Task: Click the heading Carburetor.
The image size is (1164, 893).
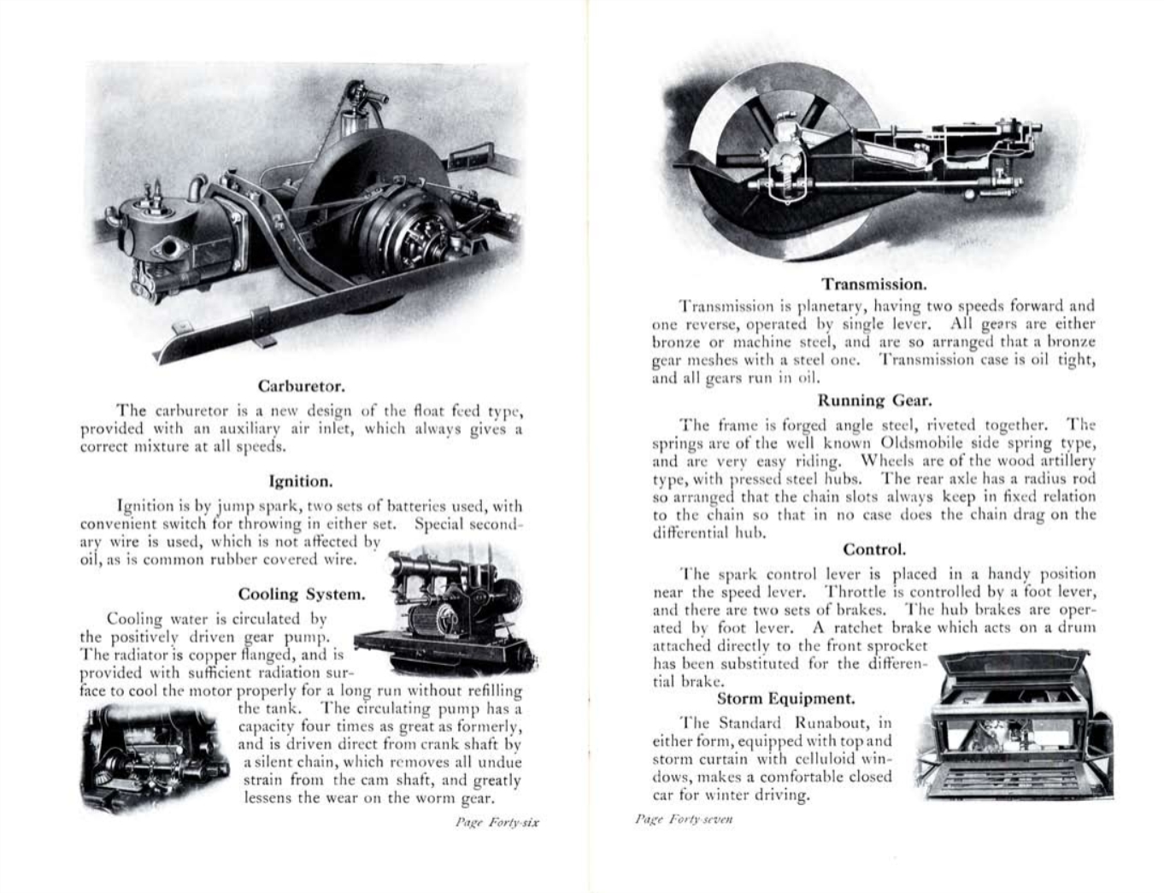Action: (x=301, y=386)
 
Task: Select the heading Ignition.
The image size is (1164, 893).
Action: (x=301, y=481)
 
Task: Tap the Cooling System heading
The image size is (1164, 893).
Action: (x=302, y=594)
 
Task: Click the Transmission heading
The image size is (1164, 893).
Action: (x=873, y=284)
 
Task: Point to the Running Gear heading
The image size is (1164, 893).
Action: (x=874, y=400)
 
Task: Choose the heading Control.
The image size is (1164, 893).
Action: (x=873, y=549)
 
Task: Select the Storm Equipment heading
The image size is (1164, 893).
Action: (x=785, y=699)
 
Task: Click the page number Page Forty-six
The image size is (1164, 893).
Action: (x=497, y=824)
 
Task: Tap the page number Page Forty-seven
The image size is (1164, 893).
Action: (x=684, y=819)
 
